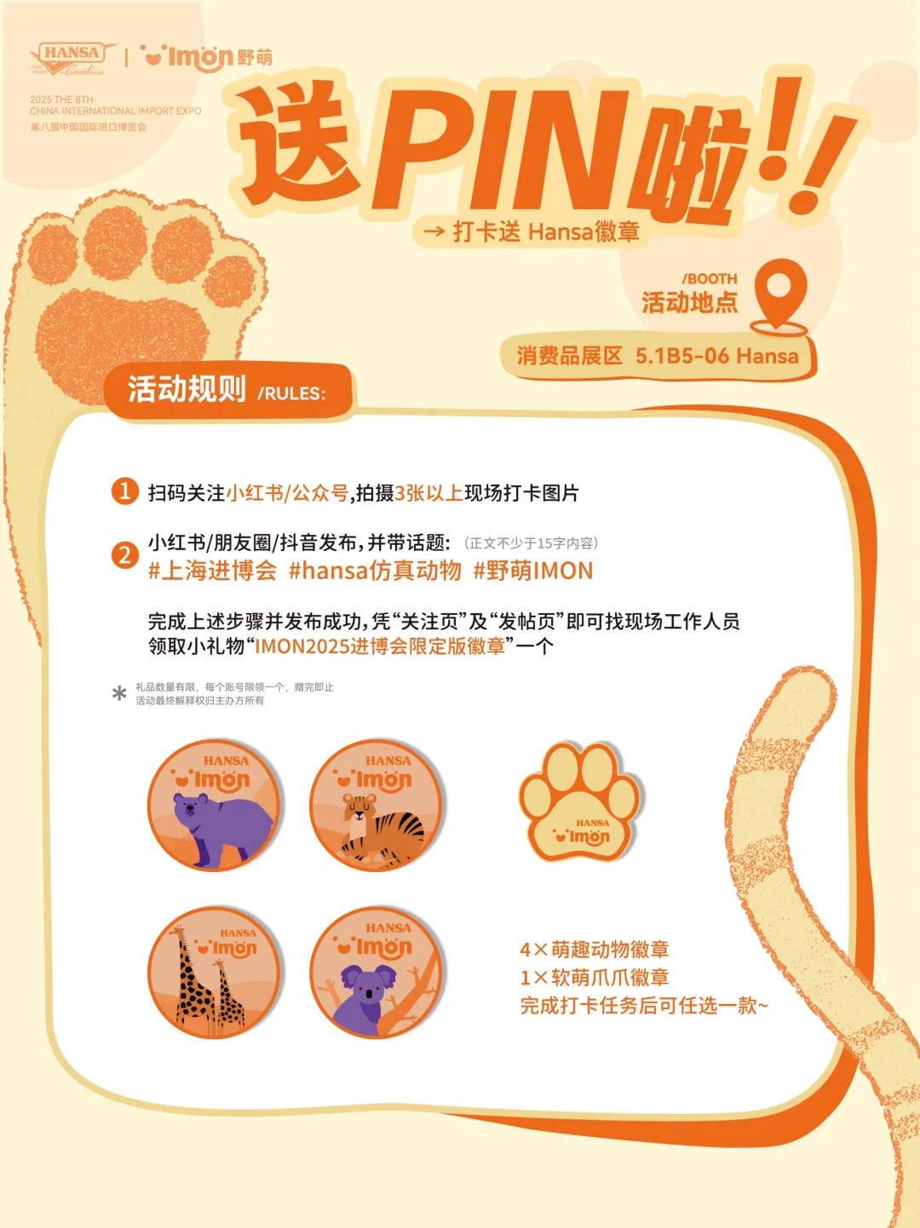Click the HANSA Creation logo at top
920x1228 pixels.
pyautogui.click(x=72, y=58)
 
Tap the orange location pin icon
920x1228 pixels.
pyautogui.click(x=779, y=294)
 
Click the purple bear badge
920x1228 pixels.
pyautogui.click(x=215, y=806)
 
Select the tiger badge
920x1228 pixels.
pyautogui.click(x=377, y=806)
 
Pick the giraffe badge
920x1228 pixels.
pyautogui.click(x=215, y=973)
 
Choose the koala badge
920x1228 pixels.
pyautogui.click(x=377, y=973)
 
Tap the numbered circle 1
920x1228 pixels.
pyautogui.click(x=125, y=491)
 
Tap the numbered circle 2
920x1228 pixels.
pyautogui.click(x=125, y=555)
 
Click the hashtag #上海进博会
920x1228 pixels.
pyautogui.click(x=212, y=571)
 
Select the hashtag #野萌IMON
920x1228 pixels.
pyautogui.click(x=532, y=571)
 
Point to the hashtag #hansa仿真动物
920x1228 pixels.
pyautogui.click(x=375, y=571)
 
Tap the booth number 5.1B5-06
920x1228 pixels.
pyautogui.click(x=681, y=356)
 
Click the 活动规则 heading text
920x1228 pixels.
pyautogui.click(x=187, y=390)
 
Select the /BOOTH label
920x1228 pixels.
pyautogui.click(x=709, y=278)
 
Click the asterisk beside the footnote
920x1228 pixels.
pyautogui.click(x=119, y=693)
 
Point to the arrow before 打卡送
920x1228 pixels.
pyautogui.click(x=434, y=231)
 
